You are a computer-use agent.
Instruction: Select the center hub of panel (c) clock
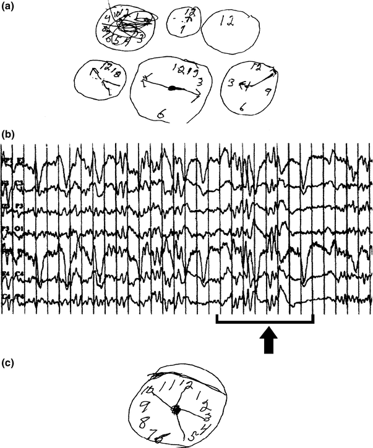coord(178,409)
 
